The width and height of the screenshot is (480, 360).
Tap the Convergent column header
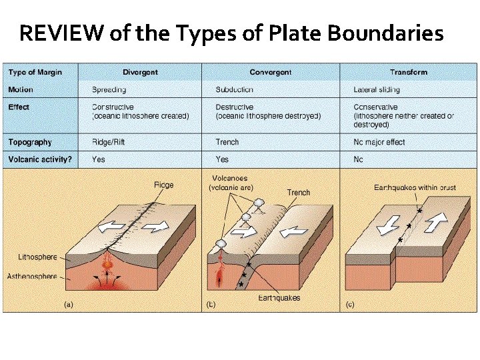pyautogui.click(x=271, y=72)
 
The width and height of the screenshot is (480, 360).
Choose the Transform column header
pyautogui.click(x=409, y=72)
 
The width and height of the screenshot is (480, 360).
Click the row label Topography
pyautogui.click(x=30, y=142)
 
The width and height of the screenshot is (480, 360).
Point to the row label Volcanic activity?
pyautogui.click(x=40, y=159)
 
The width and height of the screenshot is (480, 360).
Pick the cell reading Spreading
pyautogui.click(x=111, y=89)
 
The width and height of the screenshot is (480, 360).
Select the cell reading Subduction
pyautogui.click(x=235, y=89)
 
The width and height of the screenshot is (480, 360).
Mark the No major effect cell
pyautogui.click(x=379, y=142)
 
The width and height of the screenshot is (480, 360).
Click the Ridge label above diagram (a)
pyautogui.click(x=163, y=185)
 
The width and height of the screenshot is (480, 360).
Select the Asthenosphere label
pyautogui.click(x=32, y=276)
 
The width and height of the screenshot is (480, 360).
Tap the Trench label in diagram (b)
pyautogui.click(x=299, y=193)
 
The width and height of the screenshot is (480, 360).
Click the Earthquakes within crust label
pyautogui.click(x=415, y=188)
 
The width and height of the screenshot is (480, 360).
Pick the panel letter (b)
pyautogui.click(x=211, y=305)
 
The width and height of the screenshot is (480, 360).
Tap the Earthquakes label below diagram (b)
pyautogui.click(x=279, y=298)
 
